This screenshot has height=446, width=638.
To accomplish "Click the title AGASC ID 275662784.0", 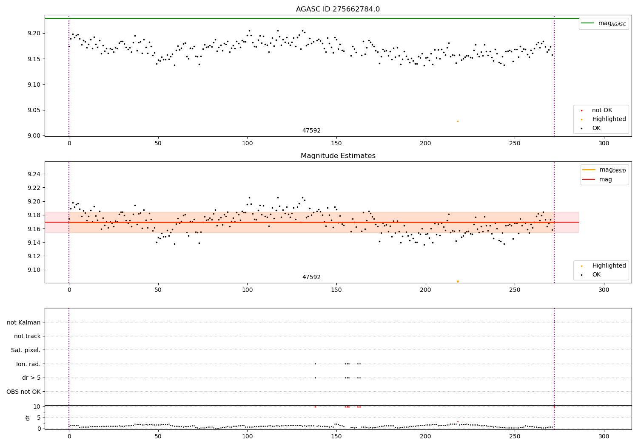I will click(x=338, y=9).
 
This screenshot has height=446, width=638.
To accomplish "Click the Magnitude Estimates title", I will click(x=338, y=156).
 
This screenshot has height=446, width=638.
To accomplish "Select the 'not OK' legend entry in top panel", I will click(x=602, y=110).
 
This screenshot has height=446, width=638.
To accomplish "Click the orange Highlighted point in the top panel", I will click(x=458, y=121).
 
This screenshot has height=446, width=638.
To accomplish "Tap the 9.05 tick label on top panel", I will click(x=34, y=110).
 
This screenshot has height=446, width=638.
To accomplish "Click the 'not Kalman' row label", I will click(x=24, y=322).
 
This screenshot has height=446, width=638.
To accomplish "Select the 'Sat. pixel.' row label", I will click(x=26, y=350).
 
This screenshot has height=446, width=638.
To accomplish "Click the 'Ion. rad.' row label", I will click(x=28, y=364).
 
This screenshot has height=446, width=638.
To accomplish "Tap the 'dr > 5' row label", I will click(x=31, y=378).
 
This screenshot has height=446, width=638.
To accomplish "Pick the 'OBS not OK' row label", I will click(x=23, y=392).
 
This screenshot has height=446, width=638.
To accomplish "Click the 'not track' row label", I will click(x=27, y=336).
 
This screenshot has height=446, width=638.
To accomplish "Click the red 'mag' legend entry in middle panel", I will click(x=605, y=179).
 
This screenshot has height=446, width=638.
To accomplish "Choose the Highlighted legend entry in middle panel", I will click(x=609, y=266).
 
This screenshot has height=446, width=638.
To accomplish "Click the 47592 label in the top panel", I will click(x=311, y=131).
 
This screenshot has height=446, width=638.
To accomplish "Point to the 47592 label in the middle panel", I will click(x=311, y=277).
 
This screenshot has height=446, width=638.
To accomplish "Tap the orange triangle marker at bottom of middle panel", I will click(x=458, y=282).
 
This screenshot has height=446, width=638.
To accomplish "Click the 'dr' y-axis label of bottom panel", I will click(x=28, y=418).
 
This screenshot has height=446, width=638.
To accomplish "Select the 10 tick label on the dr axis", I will click(x=37, y=406).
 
